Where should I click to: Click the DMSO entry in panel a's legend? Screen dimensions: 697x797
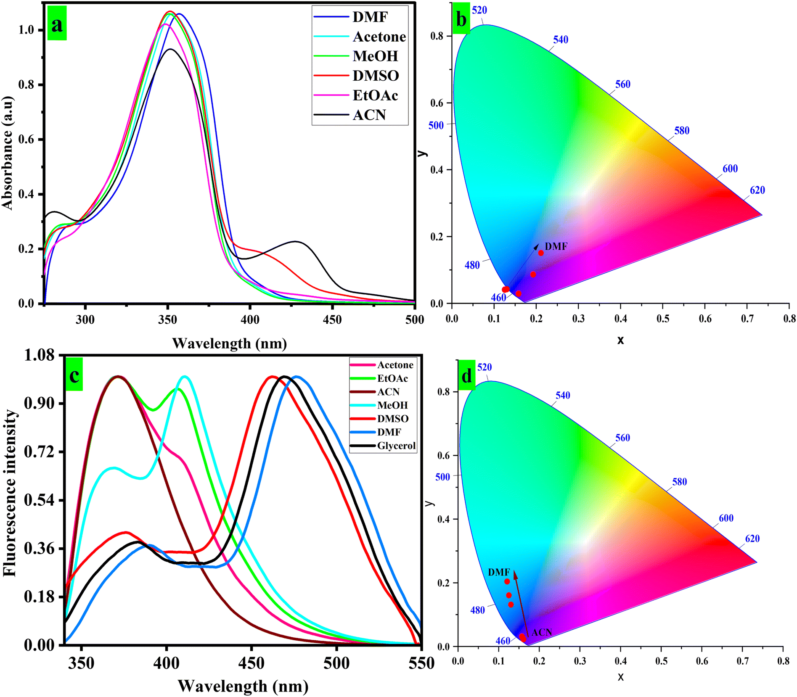(376, 76)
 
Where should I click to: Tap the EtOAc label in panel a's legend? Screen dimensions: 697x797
(375, 95)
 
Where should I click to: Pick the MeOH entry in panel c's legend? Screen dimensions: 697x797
(392, 405)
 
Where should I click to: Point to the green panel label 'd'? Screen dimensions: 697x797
(467, 376)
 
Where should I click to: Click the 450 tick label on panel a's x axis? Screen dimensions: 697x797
(332, 319)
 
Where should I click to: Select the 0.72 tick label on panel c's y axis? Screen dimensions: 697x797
(40, 452)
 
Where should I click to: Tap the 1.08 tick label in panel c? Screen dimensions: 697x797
(40, 355)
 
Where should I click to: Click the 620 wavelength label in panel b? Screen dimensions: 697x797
(757, 190)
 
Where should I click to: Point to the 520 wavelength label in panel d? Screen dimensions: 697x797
(484, 367)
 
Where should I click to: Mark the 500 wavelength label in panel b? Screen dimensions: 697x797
(436, 125)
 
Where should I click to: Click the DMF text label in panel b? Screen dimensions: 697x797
(556, 246)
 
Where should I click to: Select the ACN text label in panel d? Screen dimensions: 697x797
(542, 632)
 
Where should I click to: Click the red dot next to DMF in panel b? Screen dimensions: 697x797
(541, 253)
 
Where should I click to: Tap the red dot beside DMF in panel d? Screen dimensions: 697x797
(507, 582)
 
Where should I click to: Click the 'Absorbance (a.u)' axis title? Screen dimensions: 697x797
(8, 153)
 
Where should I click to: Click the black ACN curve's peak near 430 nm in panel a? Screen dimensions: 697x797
(296, 241)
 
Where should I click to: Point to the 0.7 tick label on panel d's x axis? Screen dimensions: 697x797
(742, 661)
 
